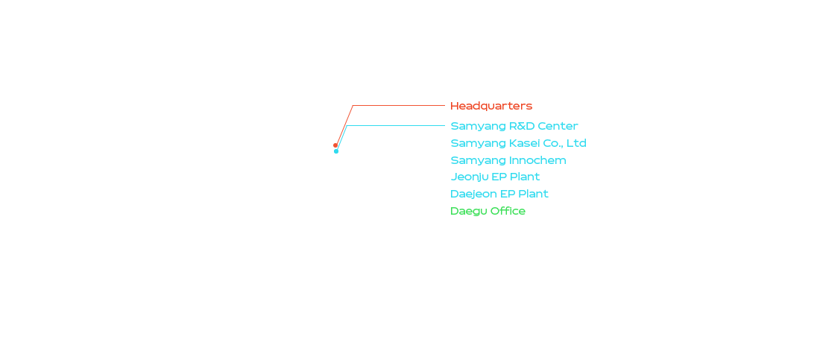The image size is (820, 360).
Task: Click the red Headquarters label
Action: click(491, 106)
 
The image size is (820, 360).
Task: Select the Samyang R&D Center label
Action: click(514, 126)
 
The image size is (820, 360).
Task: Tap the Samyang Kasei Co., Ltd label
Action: click(518, 143)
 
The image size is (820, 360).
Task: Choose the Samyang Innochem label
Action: click(508, 160)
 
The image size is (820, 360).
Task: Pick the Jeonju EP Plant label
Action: click(495, 177)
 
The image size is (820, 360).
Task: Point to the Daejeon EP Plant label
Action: click(499, 194)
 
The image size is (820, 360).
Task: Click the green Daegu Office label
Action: click(488, 211)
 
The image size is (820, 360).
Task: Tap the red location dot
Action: click(335, 145)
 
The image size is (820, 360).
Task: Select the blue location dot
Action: click(336, 151)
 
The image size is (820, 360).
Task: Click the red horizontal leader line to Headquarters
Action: click(399, 106)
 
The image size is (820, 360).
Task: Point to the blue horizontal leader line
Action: click(395, 125)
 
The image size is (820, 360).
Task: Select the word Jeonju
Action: click(470, 177)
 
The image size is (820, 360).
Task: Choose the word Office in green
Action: click(508, 211)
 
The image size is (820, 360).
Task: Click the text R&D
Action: click(523, 126)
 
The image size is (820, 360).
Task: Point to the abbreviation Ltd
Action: click(577, 143)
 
